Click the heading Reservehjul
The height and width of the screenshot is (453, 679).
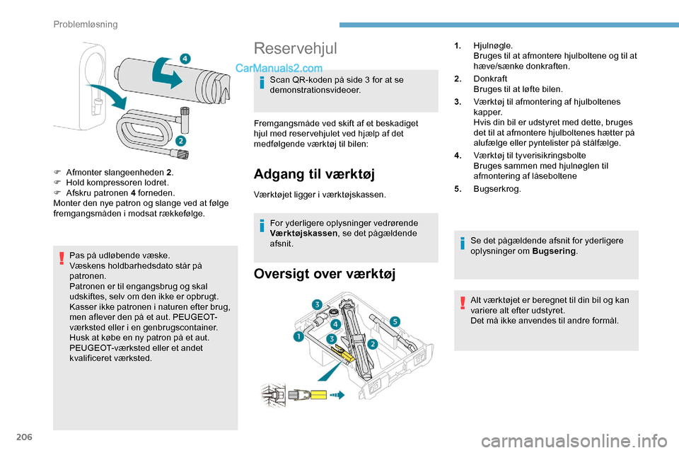coord(295,48)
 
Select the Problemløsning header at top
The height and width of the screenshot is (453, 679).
coord(86,24)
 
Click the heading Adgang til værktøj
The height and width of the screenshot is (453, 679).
coord(313,173)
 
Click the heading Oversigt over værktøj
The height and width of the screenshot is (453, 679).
coord(325,273)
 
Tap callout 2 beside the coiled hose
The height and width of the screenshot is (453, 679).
coord(181,141)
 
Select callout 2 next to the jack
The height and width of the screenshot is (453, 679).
coord(372,343)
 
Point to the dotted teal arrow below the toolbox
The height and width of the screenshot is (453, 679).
coord(337,395)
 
